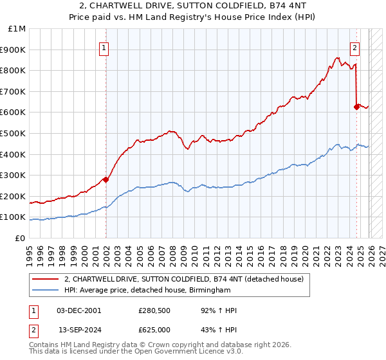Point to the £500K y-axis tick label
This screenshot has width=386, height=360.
[14, 133]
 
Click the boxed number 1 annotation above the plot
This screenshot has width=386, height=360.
[104, 46]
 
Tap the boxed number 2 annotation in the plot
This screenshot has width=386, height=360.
[354, 46]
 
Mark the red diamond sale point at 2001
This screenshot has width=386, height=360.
[106, 179]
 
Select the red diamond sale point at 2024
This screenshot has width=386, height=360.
[356, 107]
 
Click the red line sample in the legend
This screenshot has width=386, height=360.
[46, 279]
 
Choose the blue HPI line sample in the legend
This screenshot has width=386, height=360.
[46, 291]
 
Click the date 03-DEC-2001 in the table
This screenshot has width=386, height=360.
[79, 310]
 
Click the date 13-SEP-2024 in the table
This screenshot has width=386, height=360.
[79, 330]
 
